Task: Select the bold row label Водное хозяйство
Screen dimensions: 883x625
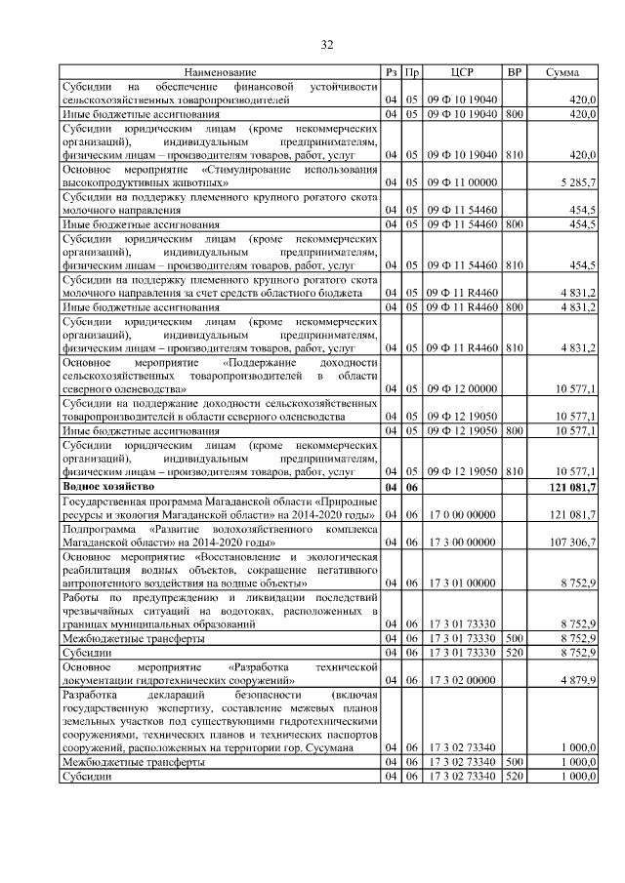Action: (108, 485)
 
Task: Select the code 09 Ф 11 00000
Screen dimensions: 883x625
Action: (462, 182)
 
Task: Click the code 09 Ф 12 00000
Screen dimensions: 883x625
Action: (462, 388)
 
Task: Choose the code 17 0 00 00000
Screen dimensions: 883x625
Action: (462, 513)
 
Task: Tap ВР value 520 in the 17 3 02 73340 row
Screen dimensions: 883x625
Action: (515, 776)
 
